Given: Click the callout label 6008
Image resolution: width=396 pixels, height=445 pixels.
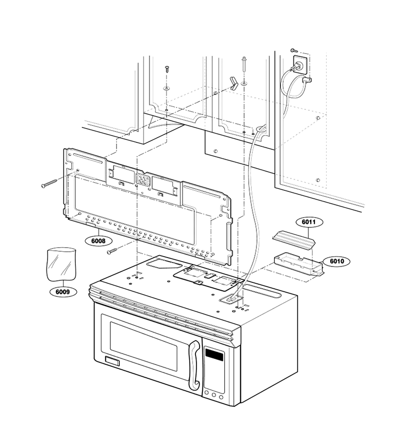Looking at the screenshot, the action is (x=99, y=241).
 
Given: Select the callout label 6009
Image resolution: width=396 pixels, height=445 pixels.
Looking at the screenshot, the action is (x=63, y=292).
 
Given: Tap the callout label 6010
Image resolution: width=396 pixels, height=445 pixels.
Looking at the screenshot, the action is (x=337, y=261).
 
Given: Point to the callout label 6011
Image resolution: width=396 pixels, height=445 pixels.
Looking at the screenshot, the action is (x=309, y=222).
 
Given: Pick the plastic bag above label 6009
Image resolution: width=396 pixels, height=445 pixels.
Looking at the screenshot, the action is (x=61, y=265).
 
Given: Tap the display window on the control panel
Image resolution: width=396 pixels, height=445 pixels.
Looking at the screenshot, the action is (x=214, y=355).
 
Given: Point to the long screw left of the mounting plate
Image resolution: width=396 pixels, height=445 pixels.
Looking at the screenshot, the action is (x=49, y=183).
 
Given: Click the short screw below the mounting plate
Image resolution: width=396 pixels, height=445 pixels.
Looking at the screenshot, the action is (x=112, y=251).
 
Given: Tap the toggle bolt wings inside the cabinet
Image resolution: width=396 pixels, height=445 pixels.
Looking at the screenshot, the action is (x=234, y=83).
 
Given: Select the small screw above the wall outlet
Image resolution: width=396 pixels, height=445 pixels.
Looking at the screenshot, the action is (x=295, y=50).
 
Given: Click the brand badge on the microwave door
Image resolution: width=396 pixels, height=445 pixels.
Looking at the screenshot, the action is (x=113, y=361).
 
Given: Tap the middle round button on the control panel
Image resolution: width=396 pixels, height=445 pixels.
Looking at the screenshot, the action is (x=214, y=395).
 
